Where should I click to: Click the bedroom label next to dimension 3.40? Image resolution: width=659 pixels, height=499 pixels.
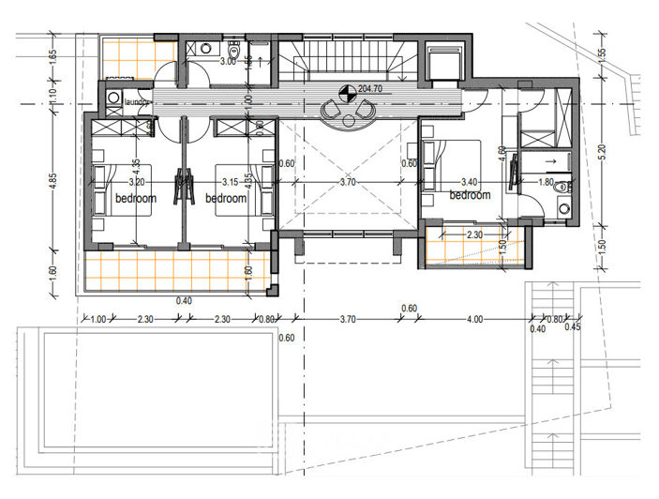click(x=470, y=195)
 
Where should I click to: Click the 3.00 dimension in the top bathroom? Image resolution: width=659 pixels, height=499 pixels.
click(x=227, y=61)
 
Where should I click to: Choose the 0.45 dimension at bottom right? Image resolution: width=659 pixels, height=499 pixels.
click(x=574, y=328)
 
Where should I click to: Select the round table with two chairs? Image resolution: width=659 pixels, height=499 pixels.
click(x=348, y=113)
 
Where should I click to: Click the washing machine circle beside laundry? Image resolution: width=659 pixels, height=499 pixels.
click(x=112, y=97)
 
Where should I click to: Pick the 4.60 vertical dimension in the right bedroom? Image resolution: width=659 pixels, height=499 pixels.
click(x=502, y=152)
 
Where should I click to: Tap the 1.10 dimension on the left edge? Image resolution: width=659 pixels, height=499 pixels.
click(x=53, y=96)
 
